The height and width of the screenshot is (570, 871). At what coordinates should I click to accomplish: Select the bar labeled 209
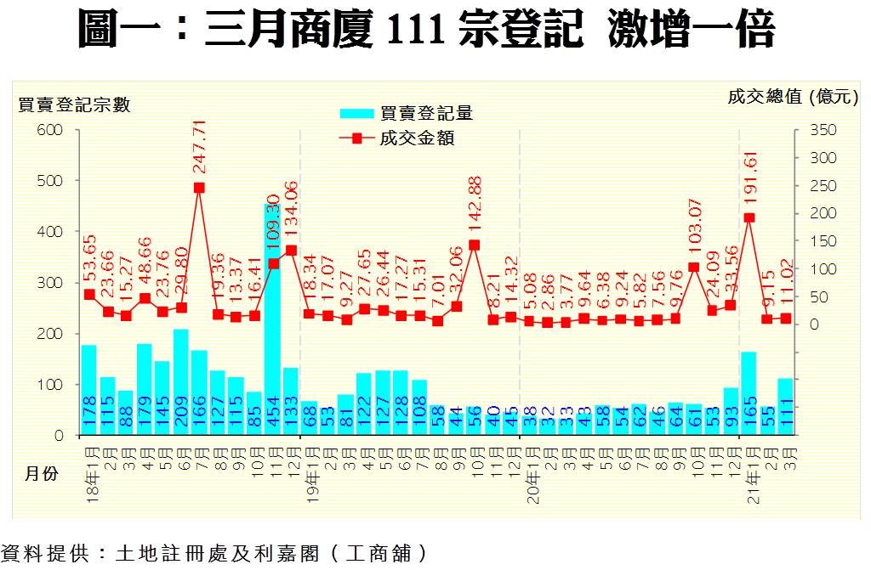click(180, 382)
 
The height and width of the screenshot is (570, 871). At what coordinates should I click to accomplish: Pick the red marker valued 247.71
click(199, 188)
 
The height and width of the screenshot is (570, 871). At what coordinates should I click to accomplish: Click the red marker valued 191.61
click(749, 217)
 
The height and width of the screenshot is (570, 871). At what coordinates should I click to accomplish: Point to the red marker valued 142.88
click(474, 245)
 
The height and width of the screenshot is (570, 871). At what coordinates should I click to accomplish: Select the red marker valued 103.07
click(693, 267)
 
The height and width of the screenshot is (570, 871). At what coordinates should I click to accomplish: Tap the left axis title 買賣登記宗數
click(75, 104)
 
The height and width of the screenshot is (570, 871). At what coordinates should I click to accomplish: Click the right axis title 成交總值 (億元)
click(791, 97)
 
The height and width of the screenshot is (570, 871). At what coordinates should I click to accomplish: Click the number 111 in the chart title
click(417, 31)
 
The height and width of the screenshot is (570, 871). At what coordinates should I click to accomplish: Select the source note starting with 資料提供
click(213, 553)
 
